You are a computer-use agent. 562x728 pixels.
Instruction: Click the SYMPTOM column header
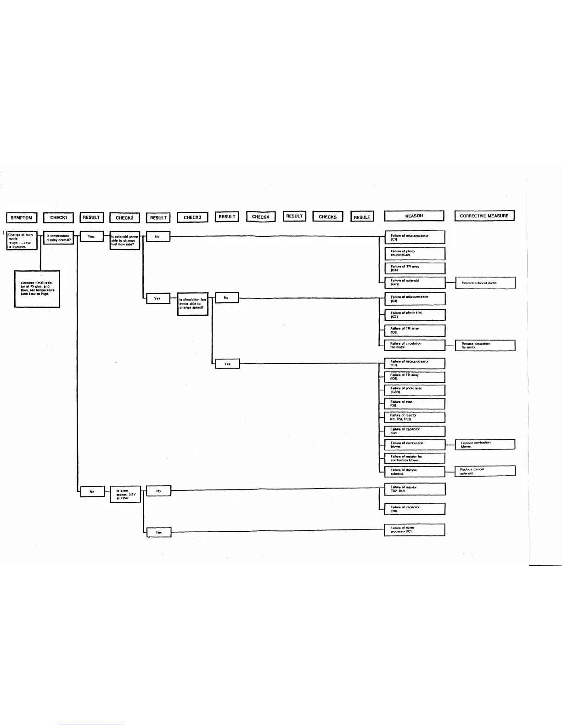coord(22,217)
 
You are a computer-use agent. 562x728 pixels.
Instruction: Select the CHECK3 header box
coord(192,217)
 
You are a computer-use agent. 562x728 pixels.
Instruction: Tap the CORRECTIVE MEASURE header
coord(484,216)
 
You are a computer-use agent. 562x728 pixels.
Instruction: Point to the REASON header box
coord(414,216)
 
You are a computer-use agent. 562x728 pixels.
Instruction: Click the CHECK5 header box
coord(328,216)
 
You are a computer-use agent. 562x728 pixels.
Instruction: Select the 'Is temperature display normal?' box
coord(58,238)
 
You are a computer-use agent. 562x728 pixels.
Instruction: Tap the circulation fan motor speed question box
coord(193,304)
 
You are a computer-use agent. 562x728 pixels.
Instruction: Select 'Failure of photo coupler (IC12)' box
coord(415,253)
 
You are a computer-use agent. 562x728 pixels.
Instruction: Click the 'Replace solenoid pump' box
coord(485,283)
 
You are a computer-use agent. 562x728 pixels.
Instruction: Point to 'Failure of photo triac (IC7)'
coord(415,314)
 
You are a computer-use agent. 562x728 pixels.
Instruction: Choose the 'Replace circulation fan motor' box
coord(485,345)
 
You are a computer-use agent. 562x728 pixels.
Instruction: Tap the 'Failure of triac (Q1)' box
coord(415,404)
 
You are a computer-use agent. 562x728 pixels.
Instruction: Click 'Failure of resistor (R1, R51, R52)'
coord(415,417)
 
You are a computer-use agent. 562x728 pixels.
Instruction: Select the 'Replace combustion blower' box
coord(485,444)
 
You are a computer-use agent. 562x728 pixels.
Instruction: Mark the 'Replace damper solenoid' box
coord(485,471)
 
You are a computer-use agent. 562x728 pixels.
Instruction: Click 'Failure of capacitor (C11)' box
coord(415,509)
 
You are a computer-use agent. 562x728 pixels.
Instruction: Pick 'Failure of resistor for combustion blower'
coord(415,458)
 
